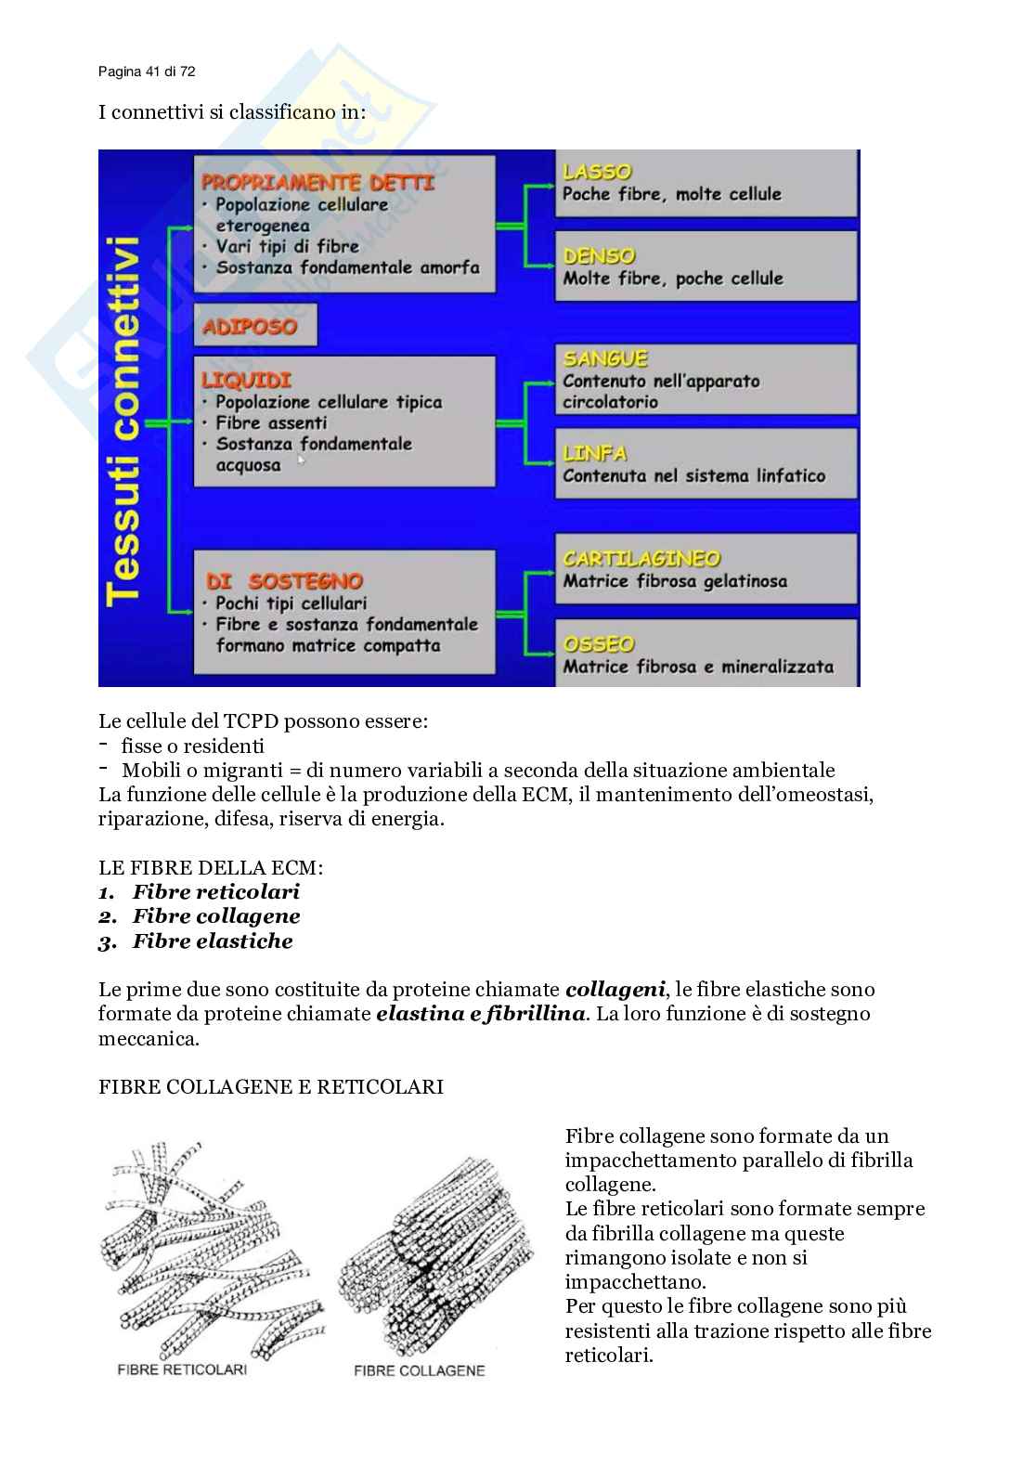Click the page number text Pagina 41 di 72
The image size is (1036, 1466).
coord(147,71)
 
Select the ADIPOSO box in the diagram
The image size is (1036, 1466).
coord(250,327)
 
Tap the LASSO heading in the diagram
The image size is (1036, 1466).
coord(597,172)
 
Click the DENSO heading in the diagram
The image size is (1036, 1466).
coord(600,255)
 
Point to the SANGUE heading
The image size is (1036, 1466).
coord(605,358)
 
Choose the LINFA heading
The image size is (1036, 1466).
coord(595,453)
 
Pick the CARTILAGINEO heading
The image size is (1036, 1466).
coord(641,558)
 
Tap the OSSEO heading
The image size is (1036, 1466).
coord(599,643)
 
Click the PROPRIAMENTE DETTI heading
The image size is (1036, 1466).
coord(317,182)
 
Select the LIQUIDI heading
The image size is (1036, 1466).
coord(246,380)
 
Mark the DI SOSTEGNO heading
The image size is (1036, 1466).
coord(283,581)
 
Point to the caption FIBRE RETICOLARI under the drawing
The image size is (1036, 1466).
coord(182,1369)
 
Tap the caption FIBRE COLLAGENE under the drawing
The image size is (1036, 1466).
coord(419,1370)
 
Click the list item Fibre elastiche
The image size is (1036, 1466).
coord(213,941)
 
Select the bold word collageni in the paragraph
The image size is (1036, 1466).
coord(615,990)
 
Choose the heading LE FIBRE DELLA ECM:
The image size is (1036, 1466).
coord(211,867)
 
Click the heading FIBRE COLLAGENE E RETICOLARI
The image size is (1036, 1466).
coord(271,1086)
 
